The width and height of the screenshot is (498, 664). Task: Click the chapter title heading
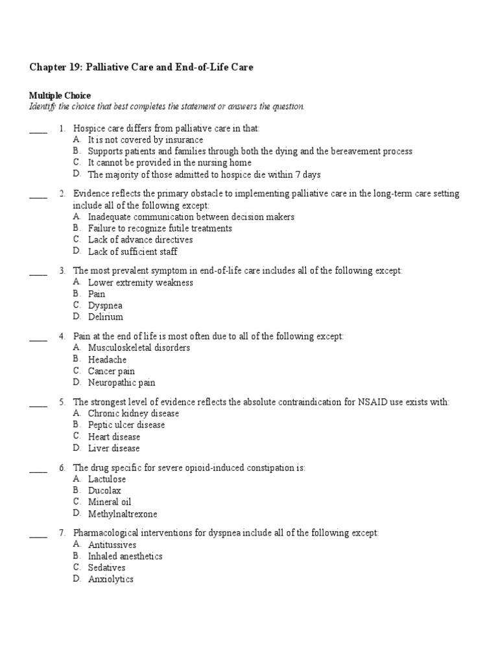(141, 67)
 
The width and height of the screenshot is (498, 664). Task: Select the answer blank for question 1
(38, 129)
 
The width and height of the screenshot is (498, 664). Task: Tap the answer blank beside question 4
(38, 337)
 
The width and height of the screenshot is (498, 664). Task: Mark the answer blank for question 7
(38, 533)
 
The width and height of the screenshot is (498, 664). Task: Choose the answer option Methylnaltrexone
(123, 514)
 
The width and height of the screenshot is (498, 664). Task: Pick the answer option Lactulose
(107, 479)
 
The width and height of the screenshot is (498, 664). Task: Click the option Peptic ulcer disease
(126, 425)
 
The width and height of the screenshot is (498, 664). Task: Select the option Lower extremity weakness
(141, 283)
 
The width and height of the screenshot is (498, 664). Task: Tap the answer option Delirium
(105, 317)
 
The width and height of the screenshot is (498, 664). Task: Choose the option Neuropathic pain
(122, 383)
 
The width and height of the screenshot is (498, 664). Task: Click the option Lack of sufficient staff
(132, 252)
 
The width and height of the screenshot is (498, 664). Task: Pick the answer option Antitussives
(112, 545)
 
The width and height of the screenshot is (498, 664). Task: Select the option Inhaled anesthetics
(125, 556)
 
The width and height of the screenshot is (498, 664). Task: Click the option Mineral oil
(110, 502)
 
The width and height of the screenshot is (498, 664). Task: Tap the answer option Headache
(107, 359)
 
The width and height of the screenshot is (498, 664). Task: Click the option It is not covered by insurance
(145, 139)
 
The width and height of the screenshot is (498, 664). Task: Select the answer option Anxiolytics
(111, 579)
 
